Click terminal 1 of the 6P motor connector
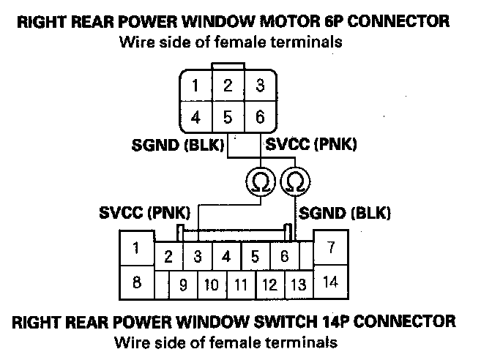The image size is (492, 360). [x=195, y=86]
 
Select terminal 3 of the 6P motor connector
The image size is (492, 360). [x=260, y=86]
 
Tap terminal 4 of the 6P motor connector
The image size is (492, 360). [x=195, y=117]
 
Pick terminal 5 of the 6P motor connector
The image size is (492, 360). [x=228, y=117]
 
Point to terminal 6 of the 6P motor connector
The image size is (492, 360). [x=260, y=117]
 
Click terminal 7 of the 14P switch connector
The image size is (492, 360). [x=332, y=248]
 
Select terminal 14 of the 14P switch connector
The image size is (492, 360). [x=331, y=282]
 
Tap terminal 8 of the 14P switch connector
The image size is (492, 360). [x=137, y=282]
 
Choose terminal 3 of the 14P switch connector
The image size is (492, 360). [x=198, y=257]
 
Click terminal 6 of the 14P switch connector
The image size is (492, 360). [x=284, y=257]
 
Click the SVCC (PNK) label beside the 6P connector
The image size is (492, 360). [x=312, y=145]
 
